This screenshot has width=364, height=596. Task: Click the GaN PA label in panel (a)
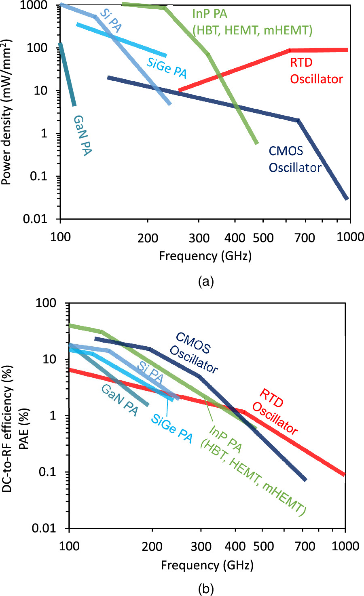(82, 135)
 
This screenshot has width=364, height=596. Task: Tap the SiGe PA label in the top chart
(167, 67)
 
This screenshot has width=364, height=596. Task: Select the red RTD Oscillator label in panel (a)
(316, 71)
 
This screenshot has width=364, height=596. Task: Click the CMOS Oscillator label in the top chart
(295, 159)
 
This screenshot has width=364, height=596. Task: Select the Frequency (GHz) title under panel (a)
(205, 256)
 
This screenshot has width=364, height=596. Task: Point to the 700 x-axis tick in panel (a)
(304, 237)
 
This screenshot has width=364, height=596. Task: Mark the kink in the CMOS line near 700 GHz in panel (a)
(298, 120)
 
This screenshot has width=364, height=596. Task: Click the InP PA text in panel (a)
(210, 14)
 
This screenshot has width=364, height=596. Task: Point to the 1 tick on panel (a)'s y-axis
(52, 133)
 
